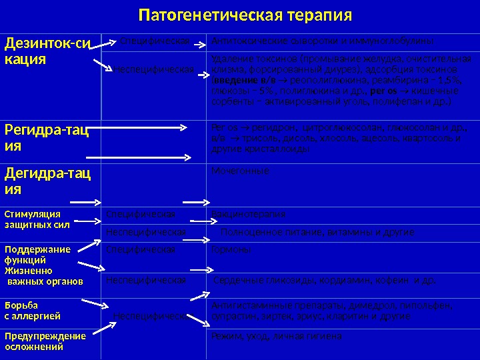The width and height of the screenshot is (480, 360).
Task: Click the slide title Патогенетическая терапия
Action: (245, 15)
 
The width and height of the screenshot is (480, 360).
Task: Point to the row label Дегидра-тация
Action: (47, 181)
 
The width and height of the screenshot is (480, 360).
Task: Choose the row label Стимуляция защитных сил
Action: (33, 219)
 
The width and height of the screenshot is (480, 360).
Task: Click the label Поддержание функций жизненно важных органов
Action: (43, 265)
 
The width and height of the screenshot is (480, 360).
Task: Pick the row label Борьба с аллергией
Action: (32, 310)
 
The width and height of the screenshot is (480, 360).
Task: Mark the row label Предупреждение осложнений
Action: (45, 341)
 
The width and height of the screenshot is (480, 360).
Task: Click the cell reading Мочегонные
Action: (240, 171)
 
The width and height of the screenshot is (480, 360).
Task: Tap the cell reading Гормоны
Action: (231, 249)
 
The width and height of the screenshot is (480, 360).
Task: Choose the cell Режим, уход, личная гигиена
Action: (276, 337)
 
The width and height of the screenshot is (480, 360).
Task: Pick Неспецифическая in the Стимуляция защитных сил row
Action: (146, 232)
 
